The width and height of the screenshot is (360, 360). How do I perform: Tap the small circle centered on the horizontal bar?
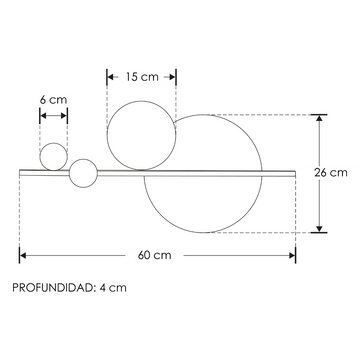point(83,172)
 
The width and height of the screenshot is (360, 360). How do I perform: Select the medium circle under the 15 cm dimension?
point(141,135)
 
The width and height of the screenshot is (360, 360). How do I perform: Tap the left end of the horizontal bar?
point(22,171)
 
